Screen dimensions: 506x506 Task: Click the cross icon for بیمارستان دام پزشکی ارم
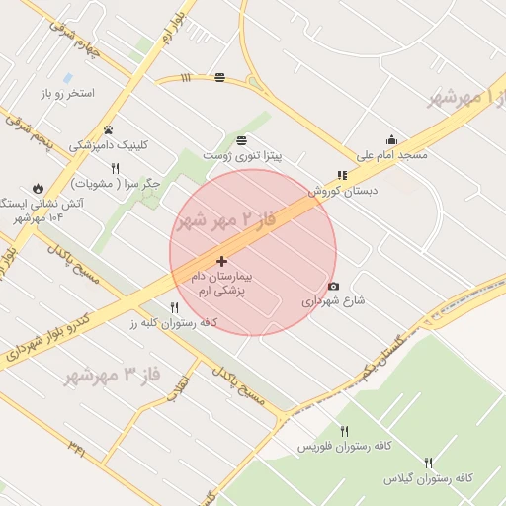221,261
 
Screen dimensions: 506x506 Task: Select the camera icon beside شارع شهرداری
333,287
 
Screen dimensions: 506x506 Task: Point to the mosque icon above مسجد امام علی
392,140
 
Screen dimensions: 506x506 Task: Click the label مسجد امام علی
392,156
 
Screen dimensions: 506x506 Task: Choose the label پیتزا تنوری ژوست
243,156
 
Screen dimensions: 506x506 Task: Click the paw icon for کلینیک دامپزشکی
108,129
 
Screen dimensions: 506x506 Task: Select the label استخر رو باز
67,94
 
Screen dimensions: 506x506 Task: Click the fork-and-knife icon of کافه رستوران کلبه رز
175,307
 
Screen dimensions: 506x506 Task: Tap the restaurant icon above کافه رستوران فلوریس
344,431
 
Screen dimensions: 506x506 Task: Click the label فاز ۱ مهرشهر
466,97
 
